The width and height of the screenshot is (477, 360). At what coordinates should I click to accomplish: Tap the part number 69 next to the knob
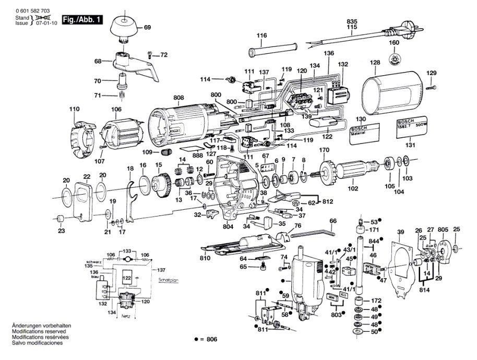click(x=147, y=27)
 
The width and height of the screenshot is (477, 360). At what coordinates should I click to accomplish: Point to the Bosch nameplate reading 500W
click(x=412, y=128)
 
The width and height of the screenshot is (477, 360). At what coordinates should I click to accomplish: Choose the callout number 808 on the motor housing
click(x=179, y=98)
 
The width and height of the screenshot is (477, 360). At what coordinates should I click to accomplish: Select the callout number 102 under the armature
click(x=353, y=188)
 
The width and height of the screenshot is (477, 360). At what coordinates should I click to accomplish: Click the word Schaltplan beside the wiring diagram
click(x=168, y=280)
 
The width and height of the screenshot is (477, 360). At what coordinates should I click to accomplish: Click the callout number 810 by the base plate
click(x=205, y=258)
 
